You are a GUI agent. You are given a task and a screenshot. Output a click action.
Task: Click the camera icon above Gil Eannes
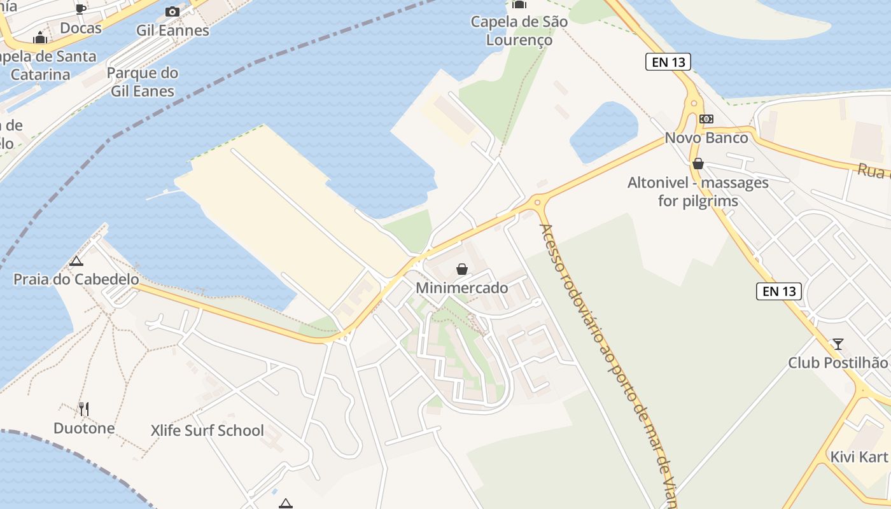[x=172, y=12]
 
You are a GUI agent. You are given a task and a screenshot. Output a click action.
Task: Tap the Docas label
[x=81, y=28]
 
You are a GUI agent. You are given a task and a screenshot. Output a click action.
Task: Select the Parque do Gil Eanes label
[x=143, y=82]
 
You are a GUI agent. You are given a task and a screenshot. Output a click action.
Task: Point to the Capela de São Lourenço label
[x=519, y=31]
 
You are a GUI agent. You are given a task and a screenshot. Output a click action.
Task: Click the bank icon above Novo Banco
[x=706, y=119]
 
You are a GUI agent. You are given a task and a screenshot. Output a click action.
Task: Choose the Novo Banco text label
[x=706, y=137]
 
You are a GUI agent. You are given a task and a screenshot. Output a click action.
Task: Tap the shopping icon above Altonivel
[x=698, y=164]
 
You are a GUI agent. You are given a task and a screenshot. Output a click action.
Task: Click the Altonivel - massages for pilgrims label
[x=698, y=192]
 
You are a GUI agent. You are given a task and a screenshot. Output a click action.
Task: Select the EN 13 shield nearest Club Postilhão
[x=780, y=291]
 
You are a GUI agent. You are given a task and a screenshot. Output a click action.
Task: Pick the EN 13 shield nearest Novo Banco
[x=668, y=62]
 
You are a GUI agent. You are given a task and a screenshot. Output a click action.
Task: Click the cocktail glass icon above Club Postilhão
[x=838, y=344]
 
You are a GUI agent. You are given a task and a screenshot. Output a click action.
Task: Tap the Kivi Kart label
[x=859, y=457]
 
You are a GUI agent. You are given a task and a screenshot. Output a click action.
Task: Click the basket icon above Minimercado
[x=462, y=269]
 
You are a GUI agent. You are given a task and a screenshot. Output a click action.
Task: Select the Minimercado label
[x=462, y=288]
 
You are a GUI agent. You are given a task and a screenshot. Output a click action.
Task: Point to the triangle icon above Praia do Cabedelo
[x=76, y=261]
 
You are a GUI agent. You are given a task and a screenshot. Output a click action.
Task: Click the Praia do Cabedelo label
[x=76, y=279]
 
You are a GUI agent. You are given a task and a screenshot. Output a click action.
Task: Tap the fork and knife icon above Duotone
[x=84, y=408]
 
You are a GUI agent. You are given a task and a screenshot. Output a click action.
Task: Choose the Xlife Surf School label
[x=207, y=431]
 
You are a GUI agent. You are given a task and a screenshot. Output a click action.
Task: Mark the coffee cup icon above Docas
[x=81, y=9]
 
